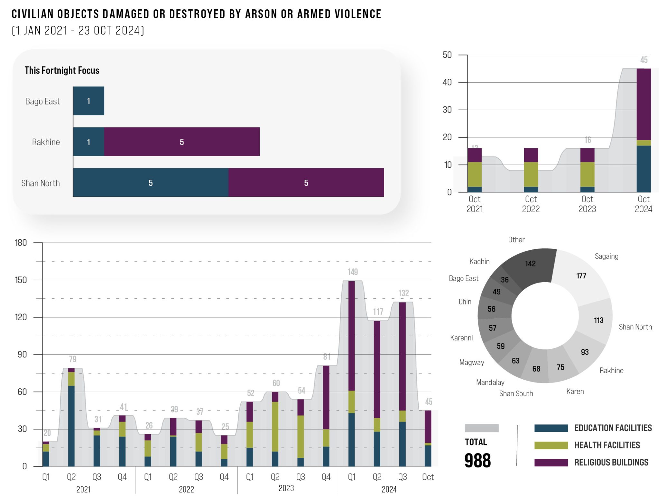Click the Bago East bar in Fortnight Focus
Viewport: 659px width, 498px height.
pos(88,101)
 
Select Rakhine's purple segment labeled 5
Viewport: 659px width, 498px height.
pos(182,142)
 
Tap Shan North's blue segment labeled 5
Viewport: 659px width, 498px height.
pos(151,183)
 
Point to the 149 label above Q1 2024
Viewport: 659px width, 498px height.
pos(353,272)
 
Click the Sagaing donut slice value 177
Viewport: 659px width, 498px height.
pos(581,276)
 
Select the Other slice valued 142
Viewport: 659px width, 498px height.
pos(530,264)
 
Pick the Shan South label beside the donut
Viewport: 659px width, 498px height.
pos(516,394)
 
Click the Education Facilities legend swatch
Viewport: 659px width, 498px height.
pos(551,428)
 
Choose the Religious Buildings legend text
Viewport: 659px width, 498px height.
pos(611,462)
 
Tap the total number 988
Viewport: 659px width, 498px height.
pos(478,460)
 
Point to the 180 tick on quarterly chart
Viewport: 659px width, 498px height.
pos(21,243)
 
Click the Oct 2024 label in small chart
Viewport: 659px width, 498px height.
pos(643,204)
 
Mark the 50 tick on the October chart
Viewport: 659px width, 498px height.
pos(447,55)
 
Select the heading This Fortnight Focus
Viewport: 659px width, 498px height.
pos(62,70)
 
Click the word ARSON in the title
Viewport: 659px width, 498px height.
pos(261,14)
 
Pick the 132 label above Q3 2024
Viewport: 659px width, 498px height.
pos(404,293)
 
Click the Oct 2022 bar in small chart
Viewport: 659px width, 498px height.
pos(531,170)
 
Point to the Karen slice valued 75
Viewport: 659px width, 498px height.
pos(561,367)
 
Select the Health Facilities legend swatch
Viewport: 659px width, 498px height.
pos(551,445)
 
